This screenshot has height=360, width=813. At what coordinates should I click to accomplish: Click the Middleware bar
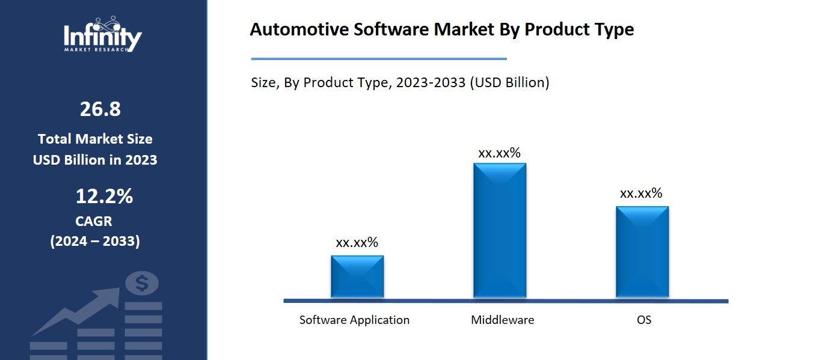click(500, 230)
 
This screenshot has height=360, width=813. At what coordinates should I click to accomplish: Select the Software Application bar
click(357, 276)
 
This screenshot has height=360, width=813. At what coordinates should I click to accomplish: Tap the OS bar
click(642, 252)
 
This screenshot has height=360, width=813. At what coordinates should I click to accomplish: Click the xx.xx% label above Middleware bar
click(499, 153)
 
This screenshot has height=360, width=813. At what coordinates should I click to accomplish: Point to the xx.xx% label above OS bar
click(641, 194)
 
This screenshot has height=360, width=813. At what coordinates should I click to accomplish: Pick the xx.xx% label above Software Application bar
click(357, 243)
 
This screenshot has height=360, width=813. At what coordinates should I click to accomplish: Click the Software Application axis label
click(354, 320)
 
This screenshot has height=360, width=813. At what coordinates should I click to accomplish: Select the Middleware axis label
click(502, 320)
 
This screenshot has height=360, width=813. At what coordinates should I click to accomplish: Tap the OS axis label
click(644, 320)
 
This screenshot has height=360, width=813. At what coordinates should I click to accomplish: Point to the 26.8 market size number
click(100, 109)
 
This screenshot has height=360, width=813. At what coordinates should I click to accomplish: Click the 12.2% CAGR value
click(104, 197)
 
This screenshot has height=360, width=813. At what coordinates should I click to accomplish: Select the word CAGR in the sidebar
click(94, 221)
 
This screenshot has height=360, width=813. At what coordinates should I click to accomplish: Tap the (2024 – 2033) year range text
click(95, 242)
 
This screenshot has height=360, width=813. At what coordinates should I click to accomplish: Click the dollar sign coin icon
click(142, 283)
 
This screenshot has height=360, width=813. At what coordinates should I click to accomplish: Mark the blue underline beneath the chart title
click(379, 59)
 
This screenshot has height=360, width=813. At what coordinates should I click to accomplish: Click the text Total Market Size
click(95, 139)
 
